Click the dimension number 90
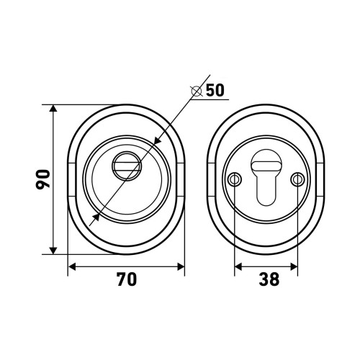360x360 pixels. (43, 179)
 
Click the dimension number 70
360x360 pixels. (127, 279)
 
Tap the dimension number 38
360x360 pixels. (269, 279)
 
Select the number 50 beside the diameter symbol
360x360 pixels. (215, 90)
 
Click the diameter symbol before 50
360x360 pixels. (196, 91)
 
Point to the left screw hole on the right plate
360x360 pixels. (234, 179)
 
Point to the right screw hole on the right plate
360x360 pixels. (297, 179)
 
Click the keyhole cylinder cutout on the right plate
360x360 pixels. (266, 177)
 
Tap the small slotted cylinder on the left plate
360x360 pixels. (127, 166)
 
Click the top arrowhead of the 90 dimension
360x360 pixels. (53, 108)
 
